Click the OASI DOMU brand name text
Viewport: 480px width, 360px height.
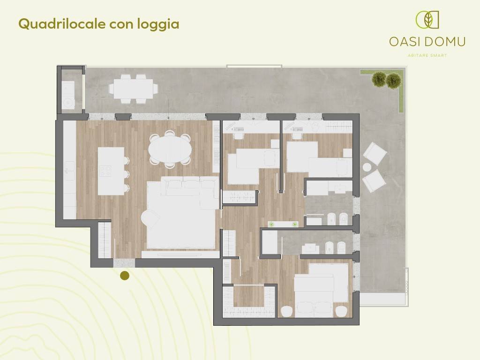coord(427,42)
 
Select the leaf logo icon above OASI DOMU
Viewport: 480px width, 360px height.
coord(427,20)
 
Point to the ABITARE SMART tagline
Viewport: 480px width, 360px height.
coord(427,55)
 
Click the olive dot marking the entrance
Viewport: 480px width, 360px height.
coord(125,276)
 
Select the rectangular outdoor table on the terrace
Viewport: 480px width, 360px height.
coord(133,88)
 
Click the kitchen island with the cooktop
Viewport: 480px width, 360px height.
coord(111,171)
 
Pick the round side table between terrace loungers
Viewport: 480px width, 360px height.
coord(367,167)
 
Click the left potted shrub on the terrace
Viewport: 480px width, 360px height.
coord(379,80)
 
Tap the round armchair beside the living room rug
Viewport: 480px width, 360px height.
coord(150,218)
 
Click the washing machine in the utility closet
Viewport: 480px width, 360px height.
coord(68,101)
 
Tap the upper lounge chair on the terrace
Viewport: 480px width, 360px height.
coord(375,153)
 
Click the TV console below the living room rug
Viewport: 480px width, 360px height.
coord(180,254)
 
